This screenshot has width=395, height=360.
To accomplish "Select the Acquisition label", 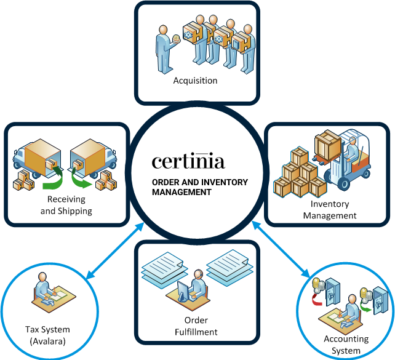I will pos(195,81).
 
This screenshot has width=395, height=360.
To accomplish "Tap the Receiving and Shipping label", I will pos(66,206).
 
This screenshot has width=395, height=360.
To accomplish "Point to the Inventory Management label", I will pos(330,210).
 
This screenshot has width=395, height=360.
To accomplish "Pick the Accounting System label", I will pos(346,345).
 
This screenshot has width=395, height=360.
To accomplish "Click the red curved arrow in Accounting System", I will pos(320,297).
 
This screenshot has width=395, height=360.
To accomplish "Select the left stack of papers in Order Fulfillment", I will pos(162,265).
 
